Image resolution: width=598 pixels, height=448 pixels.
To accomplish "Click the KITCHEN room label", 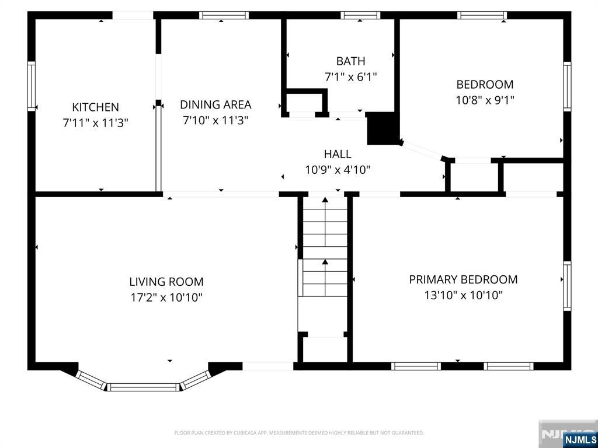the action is coord(95,107).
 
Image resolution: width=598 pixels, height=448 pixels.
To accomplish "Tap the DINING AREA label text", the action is coord(215,104).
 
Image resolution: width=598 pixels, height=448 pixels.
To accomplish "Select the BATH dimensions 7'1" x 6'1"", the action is coord(350,77).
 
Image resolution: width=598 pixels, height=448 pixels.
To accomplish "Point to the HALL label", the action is coord(338,154).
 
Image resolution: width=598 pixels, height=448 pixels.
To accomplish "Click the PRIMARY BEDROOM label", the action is coord(463,279).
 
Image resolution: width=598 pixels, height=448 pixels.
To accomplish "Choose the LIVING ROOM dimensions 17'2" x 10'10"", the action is coord(166,297).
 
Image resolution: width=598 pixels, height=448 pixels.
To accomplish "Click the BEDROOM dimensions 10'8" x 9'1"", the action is coord(485,100).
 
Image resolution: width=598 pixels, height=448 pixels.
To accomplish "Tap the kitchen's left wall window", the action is coord(32,86).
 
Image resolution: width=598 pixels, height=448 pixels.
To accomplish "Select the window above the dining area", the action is coord(224,15).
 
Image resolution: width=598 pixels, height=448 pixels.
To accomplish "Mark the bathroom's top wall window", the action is coord(360,15).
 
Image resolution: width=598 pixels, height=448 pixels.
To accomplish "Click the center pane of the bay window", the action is coord(143,387).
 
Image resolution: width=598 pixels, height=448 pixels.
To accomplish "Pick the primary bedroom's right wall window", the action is coord(567,286).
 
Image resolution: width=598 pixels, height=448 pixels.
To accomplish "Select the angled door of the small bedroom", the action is coord(422,150).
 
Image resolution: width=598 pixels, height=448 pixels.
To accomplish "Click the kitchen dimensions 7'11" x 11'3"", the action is coord(95,123).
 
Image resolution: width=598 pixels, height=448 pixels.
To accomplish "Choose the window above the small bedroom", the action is coord(482,15).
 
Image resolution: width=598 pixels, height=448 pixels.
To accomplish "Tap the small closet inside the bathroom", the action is coord(305,102).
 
